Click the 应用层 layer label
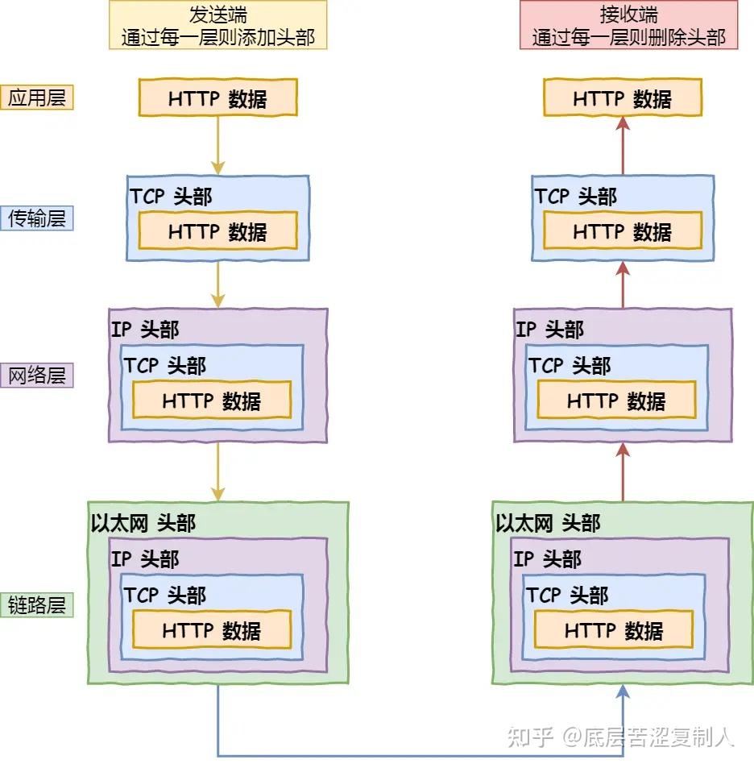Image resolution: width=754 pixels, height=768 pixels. click(37, 98)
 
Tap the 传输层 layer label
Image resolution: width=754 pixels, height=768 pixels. click(37, 218)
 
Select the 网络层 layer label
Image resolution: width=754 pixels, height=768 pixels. click(37, 375)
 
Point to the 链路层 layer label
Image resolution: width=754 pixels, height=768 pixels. click(37, 604)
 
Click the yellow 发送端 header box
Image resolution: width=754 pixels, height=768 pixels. click(217, 25)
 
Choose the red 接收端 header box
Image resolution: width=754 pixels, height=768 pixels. click(628, 25)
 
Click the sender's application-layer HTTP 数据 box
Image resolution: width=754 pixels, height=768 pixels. click(217, 98)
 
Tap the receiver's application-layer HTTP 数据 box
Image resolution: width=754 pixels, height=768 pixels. click(622, 98)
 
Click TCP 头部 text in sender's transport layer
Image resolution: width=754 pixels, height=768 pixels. click(171, 196)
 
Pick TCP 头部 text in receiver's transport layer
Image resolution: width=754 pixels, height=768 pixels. click(575, 196)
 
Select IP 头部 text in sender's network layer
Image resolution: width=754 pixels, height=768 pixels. click(145, 329)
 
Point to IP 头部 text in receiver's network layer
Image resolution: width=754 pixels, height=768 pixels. click(549, 329)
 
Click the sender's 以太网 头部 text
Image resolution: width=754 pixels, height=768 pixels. click(143, 523)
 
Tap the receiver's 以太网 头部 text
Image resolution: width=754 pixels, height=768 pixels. click(548, 523)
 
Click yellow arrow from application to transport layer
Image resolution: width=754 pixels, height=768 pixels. click(217, 145)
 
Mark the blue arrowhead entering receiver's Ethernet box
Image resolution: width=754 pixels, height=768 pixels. click(623, 691)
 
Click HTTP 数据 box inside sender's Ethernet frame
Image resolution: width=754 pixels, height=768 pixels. click(211, 630)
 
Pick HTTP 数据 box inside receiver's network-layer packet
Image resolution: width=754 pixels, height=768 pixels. click(616, 401)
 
